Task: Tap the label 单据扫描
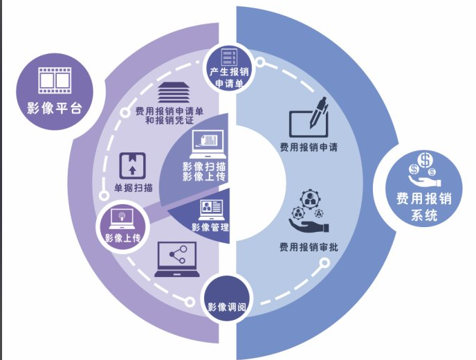(134, 187)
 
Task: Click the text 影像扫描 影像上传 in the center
(203, 172)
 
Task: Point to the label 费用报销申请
(309, 147)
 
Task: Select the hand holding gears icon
(309, 213)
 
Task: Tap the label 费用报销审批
(309, 246)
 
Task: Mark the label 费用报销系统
(423, 206)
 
